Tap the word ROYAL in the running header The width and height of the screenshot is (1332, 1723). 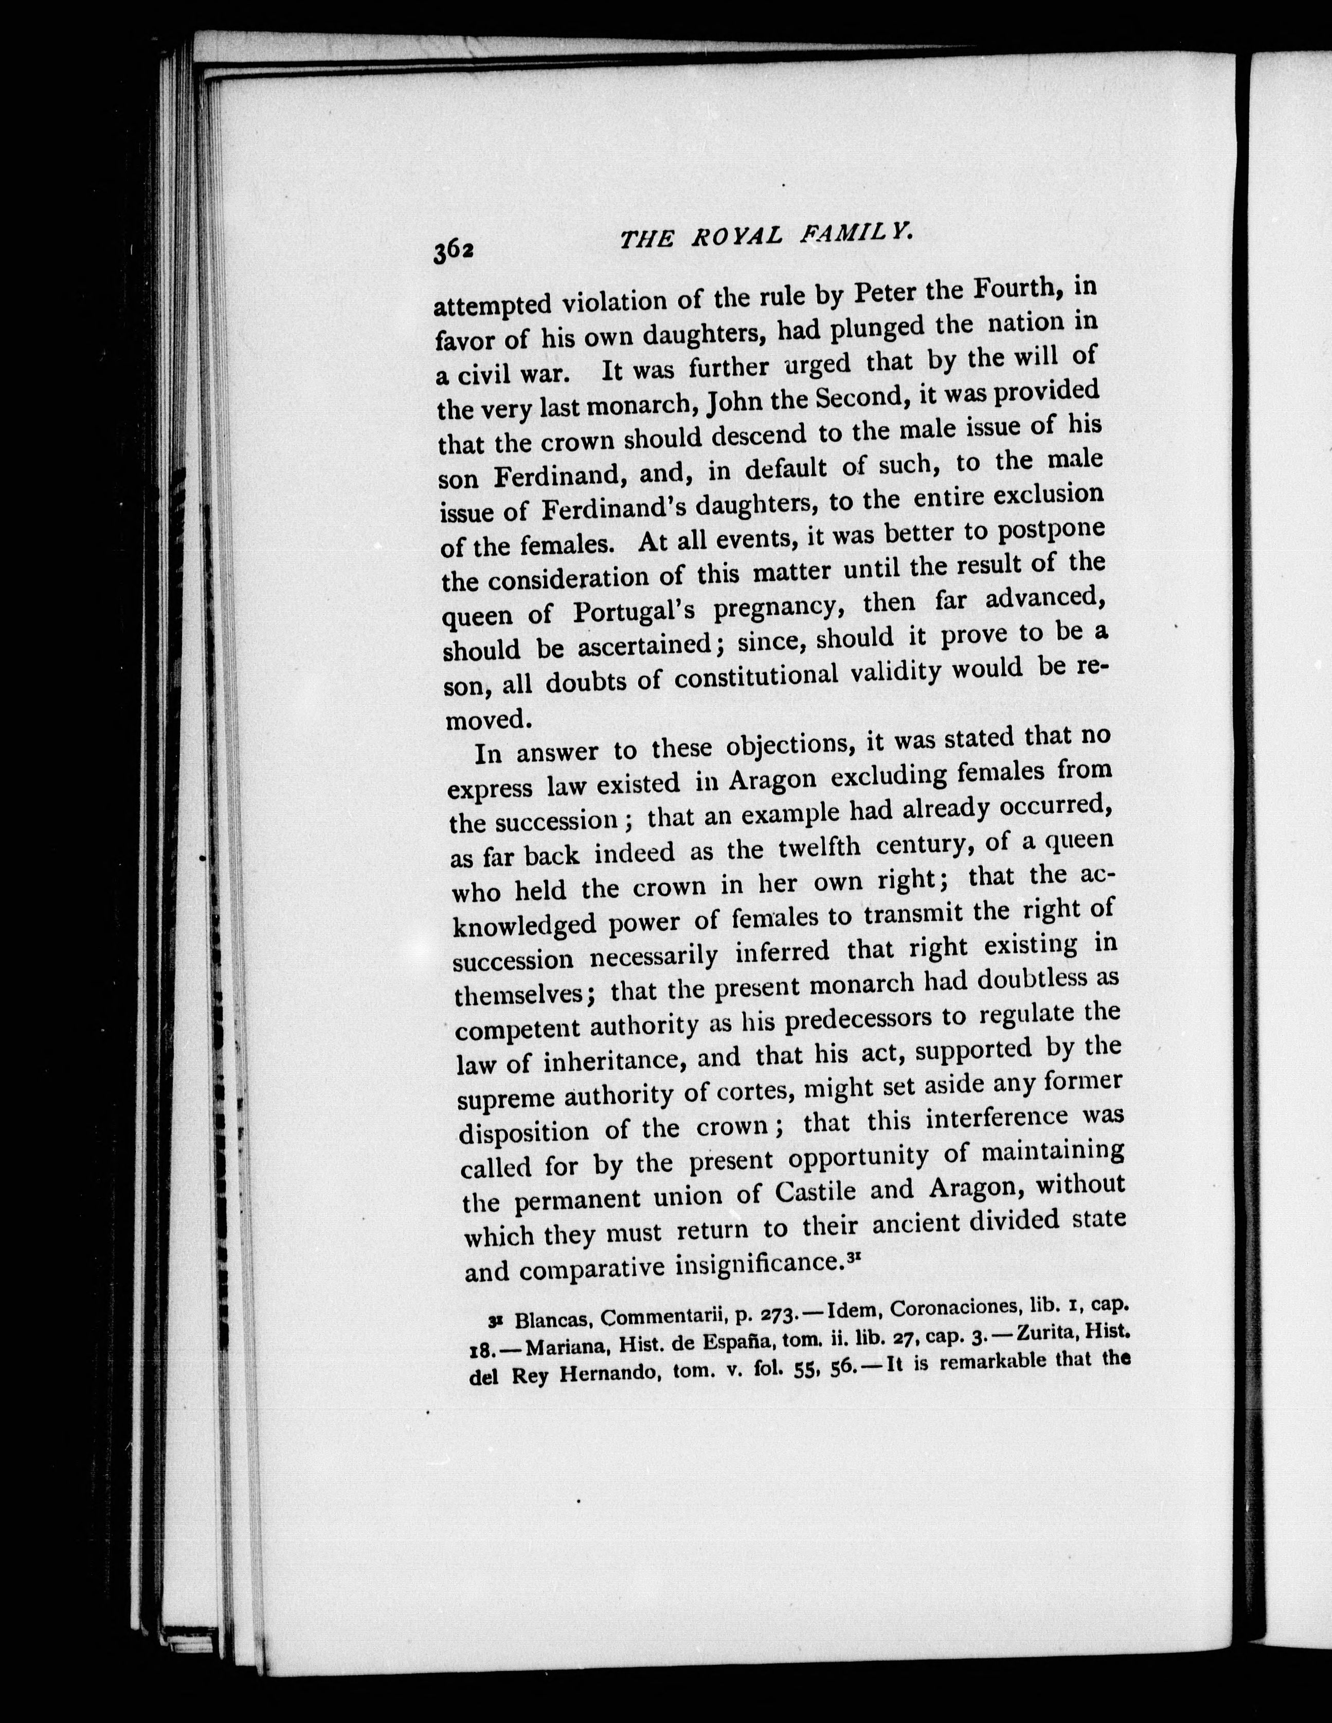[738, 236]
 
